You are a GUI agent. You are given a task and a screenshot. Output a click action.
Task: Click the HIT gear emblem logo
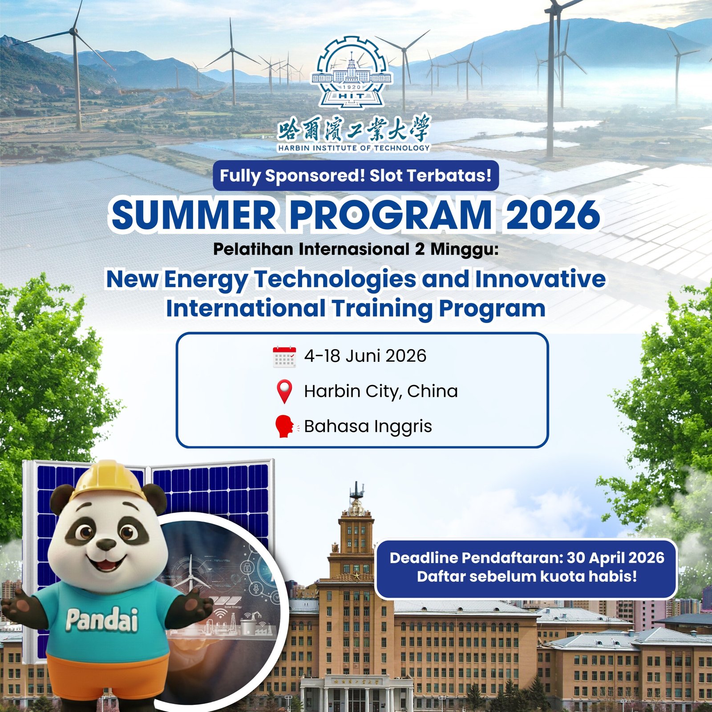point(352,73)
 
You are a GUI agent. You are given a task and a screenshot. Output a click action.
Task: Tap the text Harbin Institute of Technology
point(354,148)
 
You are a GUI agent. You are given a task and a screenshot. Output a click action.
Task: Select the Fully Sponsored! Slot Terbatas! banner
point(356,176)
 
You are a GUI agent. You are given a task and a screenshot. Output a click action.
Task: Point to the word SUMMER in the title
point(194,215)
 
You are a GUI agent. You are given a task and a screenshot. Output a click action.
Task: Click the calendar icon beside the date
point(284,357)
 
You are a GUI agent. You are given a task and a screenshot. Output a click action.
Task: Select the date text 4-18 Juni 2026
point(365,356)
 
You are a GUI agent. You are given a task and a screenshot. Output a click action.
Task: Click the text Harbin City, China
point(381,391)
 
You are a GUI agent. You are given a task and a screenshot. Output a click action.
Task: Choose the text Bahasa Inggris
point(368,426)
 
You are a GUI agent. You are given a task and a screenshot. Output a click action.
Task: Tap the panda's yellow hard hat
point(109,480)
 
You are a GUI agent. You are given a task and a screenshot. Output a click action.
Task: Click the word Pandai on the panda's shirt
point(102,620)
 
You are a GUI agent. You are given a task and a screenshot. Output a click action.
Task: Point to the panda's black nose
point(106,544)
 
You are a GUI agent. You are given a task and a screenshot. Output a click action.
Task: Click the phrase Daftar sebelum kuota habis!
point(527,577)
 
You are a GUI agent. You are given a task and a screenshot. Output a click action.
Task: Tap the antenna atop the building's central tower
point(356,489)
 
